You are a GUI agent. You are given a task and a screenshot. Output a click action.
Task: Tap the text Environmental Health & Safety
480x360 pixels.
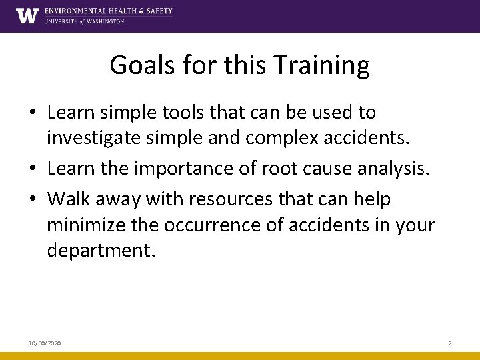tap(109, 11)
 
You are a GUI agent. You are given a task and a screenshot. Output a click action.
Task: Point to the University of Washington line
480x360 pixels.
tap(84, 21)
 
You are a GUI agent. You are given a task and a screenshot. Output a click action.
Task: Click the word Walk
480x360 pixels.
tap(66, 198)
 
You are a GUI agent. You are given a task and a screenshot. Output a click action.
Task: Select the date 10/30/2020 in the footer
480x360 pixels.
tap(45, 343)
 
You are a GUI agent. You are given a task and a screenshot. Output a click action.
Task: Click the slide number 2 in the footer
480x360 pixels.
tap(449, 343)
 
